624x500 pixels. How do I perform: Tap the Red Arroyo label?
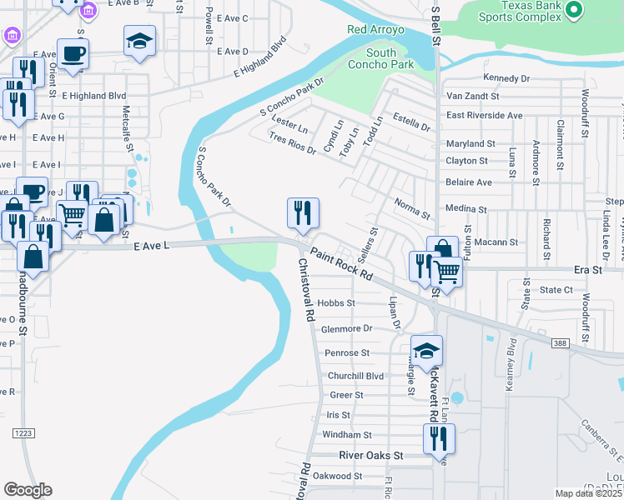[375, 30]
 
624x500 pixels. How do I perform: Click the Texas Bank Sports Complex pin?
[572, 10]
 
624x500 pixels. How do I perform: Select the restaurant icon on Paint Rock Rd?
[303, 212]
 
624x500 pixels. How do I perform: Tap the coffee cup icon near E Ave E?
[73, 53]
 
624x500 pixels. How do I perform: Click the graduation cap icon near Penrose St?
[426, 351]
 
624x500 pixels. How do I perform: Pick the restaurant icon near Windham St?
[439, 439]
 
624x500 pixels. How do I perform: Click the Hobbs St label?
[337, 303]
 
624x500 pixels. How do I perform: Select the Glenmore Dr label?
[346, 329]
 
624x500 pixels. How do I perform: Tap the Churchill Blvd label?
[355, 376]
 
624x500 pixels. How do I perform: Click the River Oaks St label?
[371, 456]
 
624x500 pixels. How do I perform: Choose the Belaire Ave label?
[469, 182]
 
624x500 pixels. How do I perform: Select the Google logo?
[28, 490]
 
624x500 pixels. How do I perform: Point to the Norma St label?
[412, 208]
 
